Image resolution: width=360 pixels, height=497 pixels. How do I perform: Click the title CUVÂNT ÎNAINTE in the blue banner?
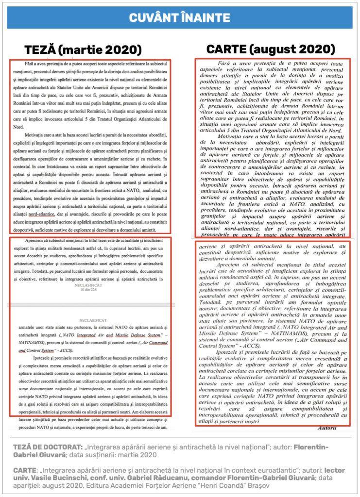(x=180, y=18)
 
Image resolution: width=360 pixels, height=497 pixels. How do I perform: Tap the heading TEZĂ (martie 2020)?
(x=83, y=50)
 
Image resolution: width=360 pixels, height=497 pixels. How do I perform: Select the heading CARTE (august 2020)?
(x=271, y=49)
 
